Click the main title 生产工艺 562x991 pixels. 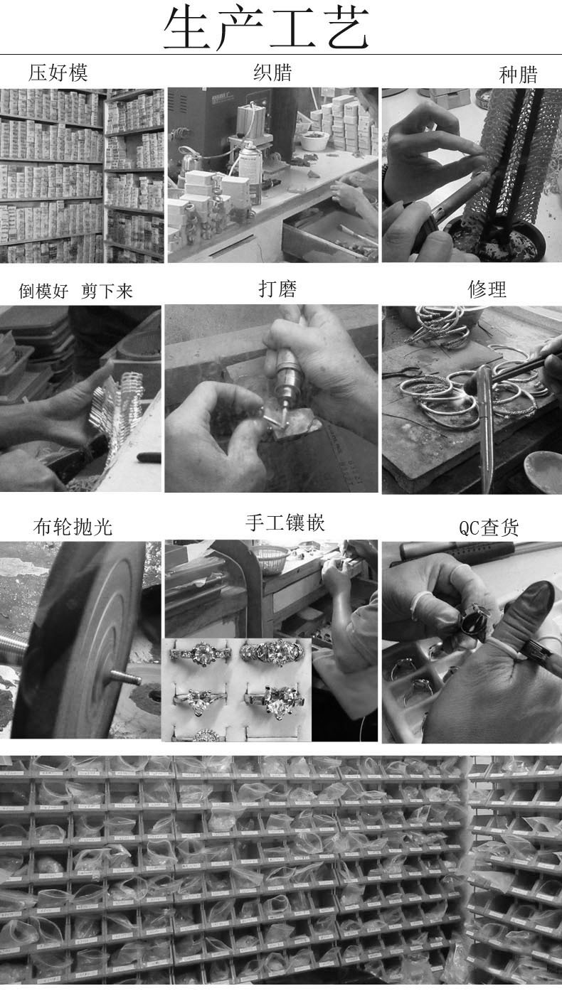point(267,28)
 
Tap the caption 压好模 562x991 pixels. point(58,73)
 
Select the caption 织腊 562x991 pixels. point(272,73)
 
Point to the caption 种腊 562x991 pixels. point(518,75)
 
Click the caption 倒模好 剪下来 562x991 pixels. point(75,291)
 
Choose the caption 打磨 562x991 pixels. point(277,289)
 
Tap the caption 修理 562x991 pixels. point(487,289)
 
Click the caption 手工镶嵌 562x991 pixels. point(285,523)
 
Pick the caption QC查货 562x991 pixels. point(489,527)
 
